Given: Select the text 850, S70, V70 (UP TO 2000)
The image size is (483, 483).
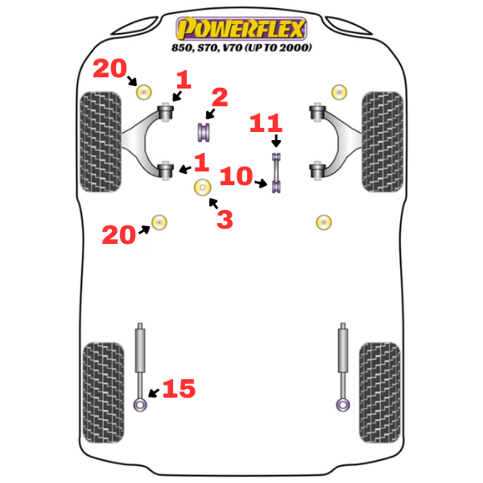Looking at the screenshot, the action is point(242,47).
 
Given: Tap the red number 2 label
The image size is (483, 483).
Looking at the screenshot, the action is point(219,98).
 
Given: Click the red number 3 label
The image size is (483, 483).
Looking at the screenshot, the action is point(225,218).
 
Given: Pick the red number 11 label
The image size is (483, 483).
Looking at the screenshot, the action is point(266,124).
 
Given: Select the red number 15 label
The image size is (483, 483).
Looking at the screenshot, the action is point(179,389).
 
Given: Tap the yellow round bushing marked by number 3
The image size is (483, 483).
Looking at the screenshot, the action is point(202,188).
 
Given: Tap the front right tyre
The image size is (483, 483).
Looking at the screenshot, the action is point(382,141).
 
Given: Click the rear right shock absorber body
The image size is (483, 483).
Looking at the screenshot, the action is point(343,354).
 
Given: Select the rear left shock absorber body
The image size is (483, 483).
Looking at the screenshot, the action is point(141,354).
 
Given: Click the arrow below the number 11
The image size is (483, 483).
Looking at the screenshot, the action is point(276,142).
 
